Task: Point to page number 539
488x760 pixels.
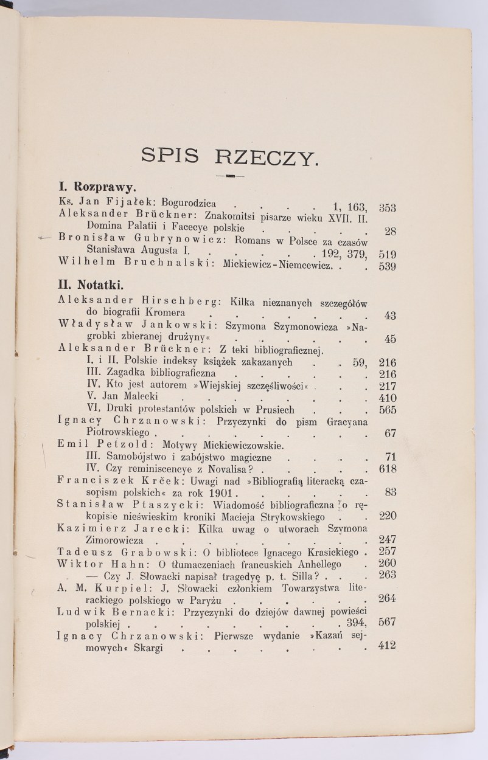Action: [x=388, y=266]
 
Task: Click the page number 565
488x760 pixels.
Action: [x=387, y=410]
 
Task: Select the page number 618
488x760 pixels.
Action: [x=387, y=469]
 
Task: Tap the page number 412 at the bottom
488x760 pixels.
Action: [x=386, y=646]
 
